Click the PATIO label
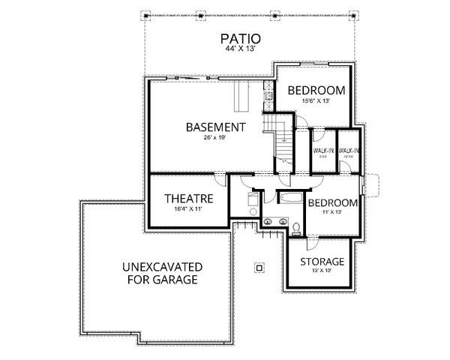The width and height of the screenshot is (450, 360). pyautogui.click(x=239, y=38)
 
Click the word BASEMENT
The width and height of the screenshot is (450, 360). pyautogui.click(x=216, y=127)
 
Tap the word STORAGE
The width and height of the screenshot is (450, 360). pyautogui.click(x=322, y=262)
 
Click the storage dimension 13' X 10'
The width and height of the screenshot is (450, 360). pyautogui.click(x=322, y=271)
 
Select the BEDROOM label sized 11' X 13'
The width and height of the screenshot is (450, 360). pyautogui.click(x=331, y=203)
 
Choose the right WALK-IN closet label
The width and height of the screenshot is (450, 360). pyautogui.click(x=349, y=150)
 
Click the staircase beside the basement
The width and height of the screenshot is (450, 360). pyautogui.click(x=284, y=139)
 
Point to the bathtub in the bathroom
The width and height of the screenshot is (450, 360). pyautogui.click(x=289, y=198)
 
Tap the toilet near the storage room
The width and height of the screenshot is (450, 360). pyautogui.click(x=297, y=227)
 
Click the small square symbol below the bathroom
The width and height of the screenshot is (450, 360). pyautogui.click(x=259, y=265)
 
